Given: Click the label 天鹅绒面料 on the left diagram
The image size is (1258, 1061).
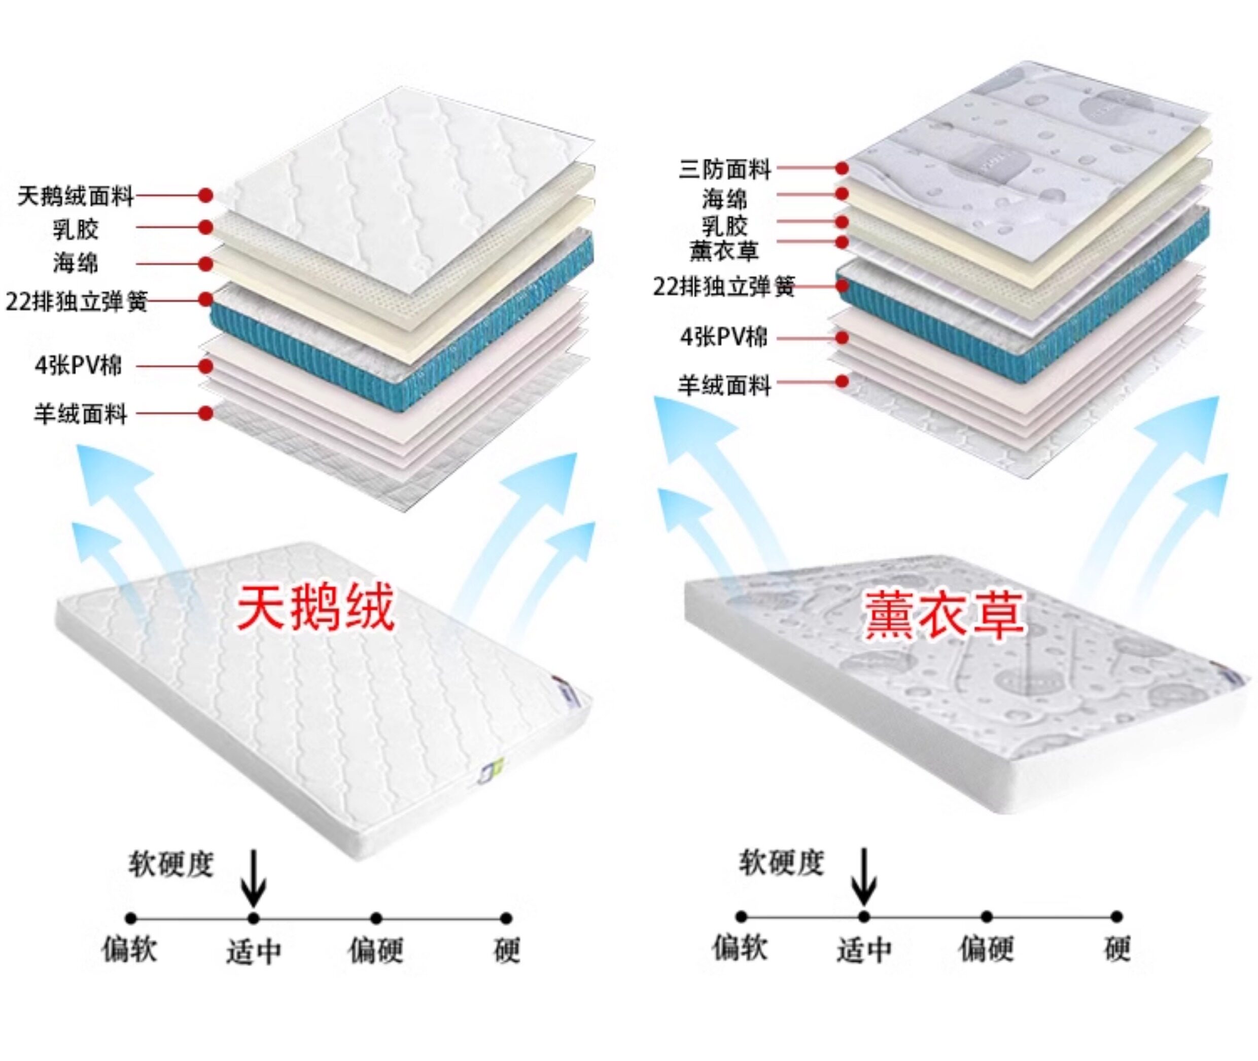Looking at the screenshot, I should [x=76, y=196].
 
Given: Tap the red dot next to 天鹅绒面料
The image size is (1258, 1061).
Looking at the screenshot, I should [x=206, y=195].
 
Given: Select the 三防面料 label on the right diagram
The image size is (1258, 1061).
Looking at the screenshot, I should [x=725, y=169].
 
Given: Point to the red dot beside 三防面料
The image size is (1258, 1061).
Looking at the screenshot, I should [x=842, y=168].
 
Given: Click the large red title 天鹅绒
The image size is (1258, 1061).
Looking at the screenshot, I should [x=315, y=608].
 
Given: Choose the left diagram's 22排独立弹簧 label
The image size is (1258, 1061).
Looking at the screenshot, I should [x=77, y=301].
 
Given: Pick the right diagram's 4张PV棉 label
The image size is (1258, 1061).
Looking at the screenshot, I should [x=724, y=337].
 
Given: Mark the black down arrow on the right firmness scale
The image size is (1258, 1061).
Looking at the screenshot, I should [x=864, y=877].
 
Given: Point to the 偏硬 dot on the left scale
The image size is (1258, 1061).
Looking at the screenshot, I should [x=376, y=918].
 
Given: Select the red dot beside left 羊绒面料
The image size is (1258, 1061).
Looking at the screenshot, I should [x=206, y=413].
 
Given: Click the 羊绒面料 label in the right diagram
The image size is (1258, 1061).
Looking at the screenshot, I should [x=725, y=385].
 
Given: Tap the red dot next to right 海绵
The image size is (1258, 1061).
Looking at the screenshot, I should [x=842, y=194].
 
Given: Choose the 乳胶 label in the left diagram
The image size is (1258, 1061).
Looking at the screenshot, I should [x=76, y=229].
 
